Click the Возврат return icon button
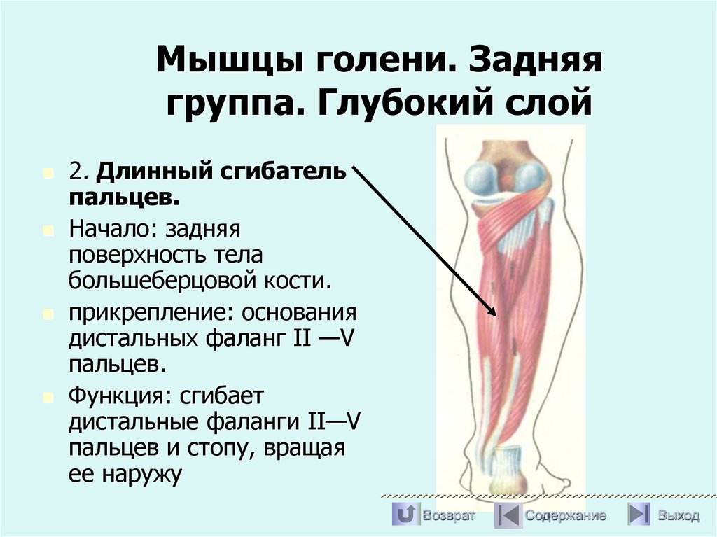[x=404, y=515]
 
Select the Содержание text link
[x=566, y=516]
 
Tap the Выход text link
[x=678, y=516]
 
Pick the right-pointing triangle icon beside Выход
[x=638, y=515]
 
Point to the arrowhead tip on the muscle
[x=495, y=316]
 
